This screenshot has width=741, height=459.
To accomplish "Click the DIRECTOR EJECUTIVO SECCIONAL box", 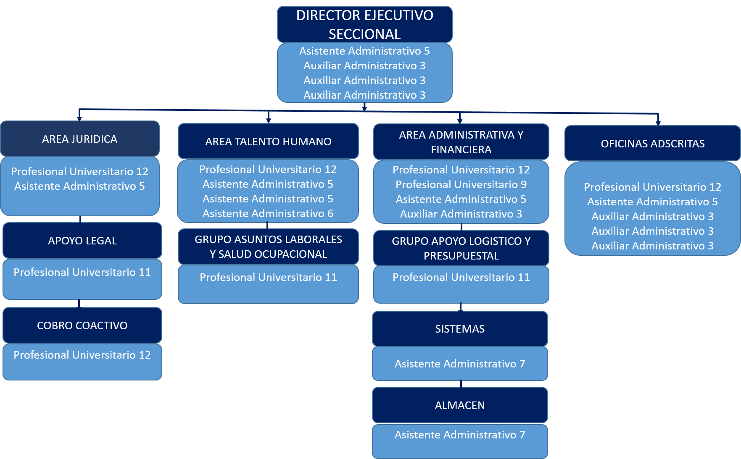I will (364, 24).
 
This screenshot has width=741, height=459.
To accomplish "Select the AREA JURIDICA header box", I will (80, 139).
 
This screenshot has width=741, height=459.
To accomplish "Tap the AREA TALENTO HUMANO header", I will (268, 142).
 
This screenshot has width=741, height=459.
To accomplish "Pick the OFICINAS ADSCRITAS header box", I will (652, 144).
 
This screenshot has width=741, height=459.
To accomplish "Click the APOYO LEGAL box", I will (82, 241).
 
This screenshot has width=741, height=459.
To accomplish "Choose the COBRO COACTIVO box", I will (82, 325).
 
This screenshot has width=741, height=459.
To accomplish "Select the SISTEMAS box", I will (460, 329).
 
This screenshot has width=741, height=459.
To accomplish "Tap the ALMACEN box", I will (460, 405).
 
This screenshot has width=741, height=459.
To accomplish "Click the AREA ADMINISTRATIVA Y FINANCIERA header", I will (461, 142).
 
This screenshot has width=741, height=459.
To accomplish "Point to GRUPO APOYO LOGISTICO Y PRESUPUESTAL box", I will (461, 248).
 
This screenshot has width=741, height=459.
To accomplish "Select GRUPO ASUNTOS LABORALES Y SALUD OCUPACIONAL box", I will (268, 247).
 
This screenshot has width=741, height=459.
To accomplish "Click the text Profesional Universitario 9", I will (461, 184).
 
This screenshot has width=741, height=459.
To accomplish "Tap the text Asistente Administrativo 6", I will (268, 214).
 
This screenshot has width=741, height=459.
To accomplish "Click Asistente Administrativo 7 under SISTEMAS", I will (460, 364).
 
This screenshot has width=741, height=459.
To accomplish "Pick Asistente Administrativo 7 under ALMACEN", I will (460, 435).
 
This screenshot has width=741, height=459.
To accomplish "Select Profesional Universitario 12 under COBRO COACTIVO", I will (82, 355).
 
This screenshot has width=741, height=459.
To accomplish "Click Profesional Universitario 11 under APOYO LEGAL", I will (82, 272).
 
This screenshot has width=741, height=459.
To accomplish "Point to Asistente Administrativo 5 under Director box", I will (364, 51).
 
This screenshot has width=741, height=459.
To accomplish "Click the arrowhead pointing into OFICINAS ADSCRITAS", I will (658, 123).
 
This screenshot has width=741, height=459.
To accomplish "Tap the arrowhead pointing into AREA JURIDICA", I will (79, 119).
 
